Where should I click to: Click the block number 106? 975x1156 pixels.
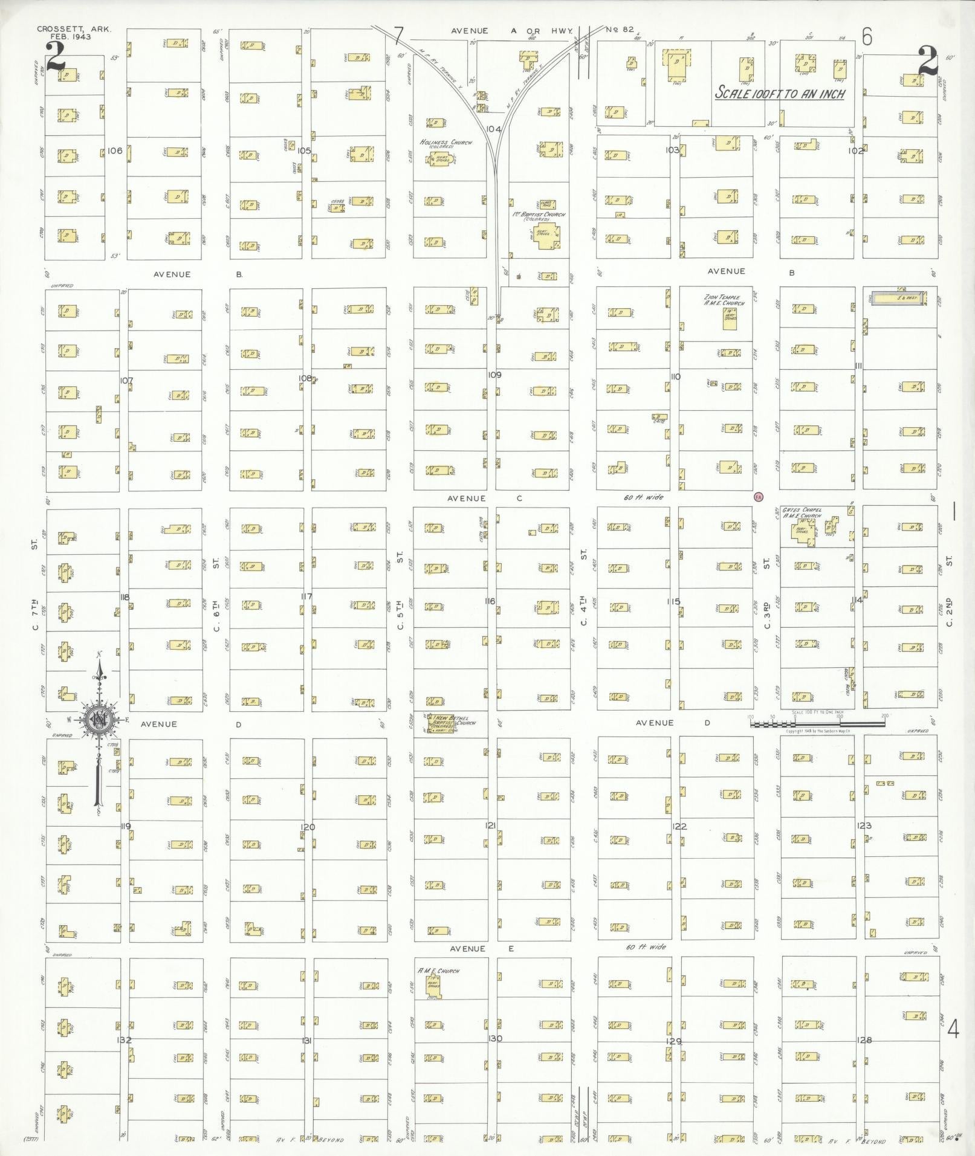(114, 150)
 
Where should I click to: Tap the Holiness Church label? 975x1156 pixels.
(446, 143)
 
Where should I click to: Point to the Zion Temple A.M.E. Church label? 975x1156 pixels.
(725, 300)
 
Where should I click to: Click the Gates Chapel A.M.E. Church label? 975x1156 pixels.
(802, 513)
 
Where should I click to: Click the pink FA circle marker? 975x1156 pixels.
(759, 497)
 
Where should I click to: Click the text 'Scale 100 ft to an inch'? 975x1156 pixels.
(780, 94)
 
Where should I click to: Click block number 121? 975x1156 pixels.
(490, 825)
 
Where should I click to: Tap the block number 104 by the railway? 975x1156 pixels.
(494, 129)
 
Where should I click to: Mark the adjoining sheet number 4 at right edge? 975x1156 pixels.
(953, 1028)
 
